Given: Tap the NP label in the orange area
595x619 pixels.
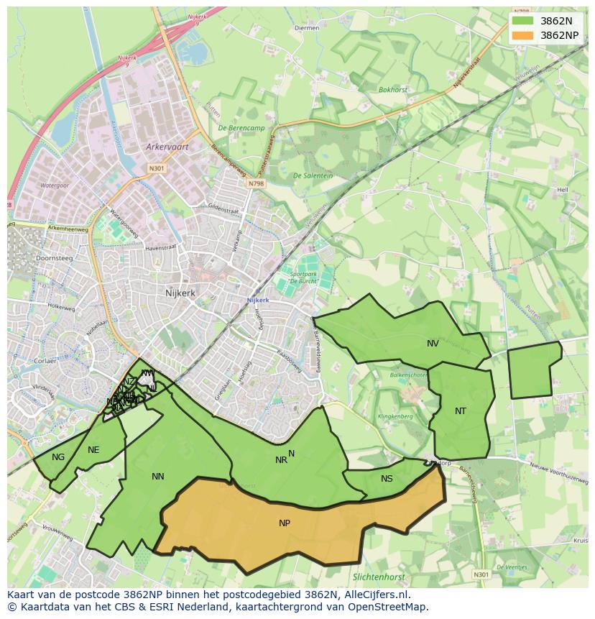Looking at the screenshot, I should [x=285, y=523].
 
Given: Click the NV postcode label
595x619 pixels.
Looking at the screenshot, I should [x=433, y=344].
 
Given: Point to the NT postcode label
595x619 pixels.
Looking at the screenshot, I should [x=461, y=411].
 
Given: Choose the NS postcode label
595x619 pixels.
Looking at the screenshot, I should [x=387, y=479].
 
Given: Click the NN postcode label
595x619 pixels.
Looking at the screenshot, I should [x=158, y=477].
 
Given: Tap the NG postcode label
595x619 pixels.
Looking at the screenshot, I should [x=58, y=457].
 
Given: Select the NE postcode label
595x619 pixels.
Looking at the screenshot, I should [x=93, y=450].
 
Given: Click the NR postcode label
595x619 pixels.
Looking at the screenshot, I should [x=281, y=460].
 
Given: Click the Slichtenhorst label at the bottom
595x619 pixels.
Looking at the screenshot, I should [x=379, y=577].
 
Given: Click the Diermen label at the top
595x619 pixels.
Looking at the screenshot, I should [x=308, y=28].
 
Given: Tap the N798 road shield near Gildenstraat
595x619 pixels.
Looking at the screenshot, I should [x=257, y=184].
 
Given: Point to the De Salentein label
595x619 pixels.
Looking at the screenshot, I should [x=313, y=175].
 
